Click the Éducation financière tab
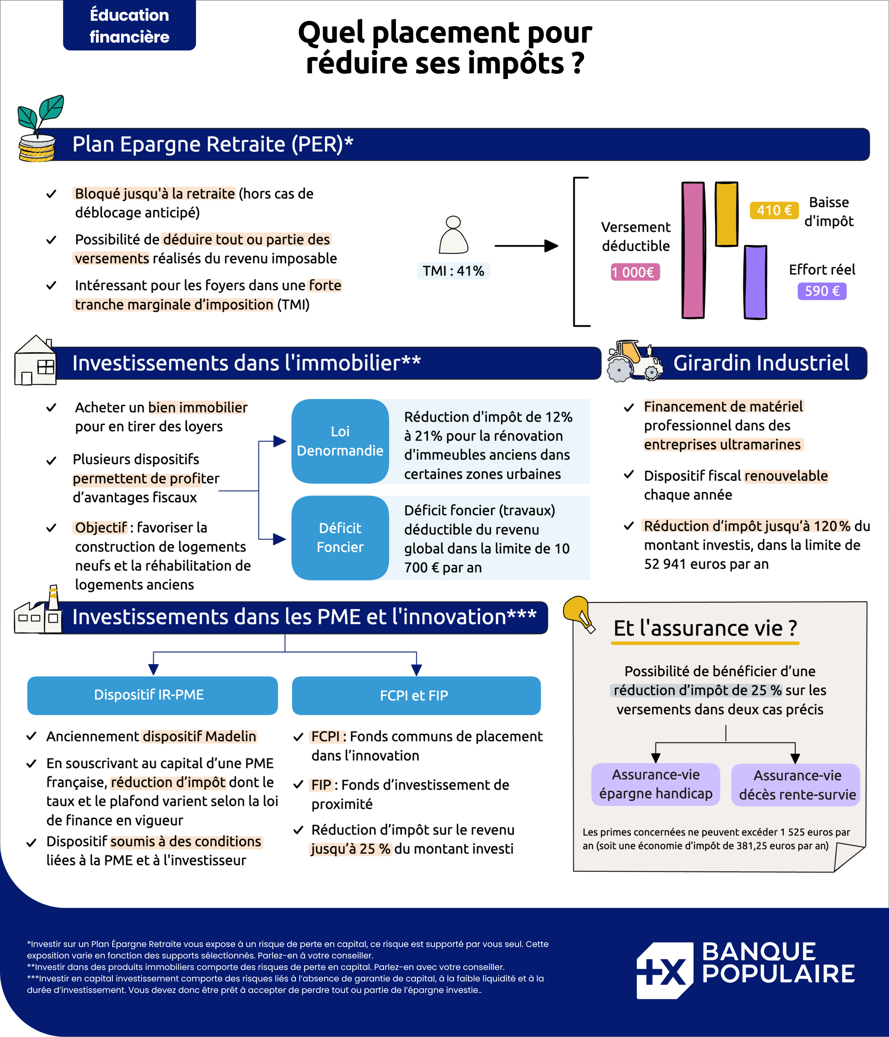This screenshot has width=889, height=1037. click(129, 25)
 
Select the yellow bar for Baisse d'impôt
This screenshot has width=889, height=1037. click(726, 214)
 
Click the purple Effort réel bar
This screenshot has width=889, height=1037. click(755, 282)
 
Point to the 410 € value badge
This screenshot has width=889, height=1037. click(774, 210)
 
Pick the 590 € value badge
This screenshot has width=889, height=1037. click(822, 291)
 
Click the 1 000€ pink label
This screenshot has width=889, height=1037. click(635, 272)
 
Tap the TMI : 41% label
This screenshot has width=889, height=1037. click(453, 271)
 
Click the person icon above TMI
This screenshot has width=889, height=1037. click(453, 235)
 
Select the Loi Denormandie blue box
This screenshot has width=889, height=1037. click(340, 441)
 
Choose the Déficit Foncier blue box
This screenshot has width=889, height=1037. click(340, 537)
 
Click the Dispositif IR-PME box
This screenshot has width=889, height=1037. click(152, 695)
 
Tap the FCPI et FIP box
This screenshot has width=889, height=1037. click(416, 695)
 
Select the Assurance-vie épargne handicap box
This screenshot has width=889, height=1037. click(656, 784)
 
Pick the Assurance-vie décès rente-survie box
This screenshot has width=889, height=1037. click(796, 785)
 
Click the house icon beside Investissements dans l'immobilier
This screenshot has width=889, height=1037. click(36, 360)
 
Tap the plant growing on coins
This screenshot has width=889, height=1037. click(40, 128)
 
